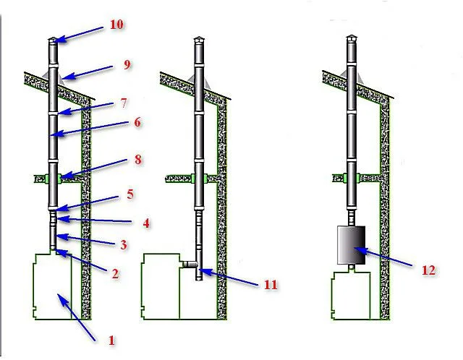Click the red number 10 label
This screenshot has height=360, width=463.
click(x=116, y=24)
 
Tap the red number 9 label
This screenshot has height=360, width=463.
click(x=127, y=64)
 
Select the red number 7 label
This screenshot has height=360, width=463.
click(x=124, y=103)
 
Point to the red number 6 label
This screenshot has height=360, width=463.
click(x=137, y=122)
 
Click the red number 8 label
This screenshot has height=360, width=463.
click(x=138, y=160)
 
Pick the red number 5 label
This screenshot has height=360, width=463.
click(x=130, y=194)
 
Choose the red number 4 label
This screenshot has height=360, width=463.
click(x=146, y=223)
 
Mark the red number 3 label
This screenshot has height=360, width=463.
click(x=124, y=244)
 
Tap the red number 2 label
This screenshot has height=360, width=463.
click(x=115, y=274)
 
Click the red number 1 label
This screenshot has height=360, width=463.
click(x=111, y=340)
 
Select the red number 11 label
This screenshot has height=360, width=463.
click(x=271, y=285)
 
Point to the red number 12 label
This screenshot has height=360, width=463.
click(x=428, y=270)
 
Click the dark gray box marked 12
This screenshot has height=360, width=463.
click(x=352, y=245)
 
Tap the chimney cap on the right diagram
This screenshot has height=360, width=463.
click(x=352, y=38)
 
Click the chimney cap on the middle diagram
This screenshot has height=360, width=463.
click(x=199, y=40)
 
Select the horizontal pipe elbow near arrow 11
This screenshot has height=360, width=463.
click(x=190, y=264)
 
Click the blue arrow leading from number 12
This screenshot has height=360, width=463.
click(x=383, y=257)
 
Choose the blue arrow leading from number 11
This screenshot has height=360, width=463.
click(x=229, y=277)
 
